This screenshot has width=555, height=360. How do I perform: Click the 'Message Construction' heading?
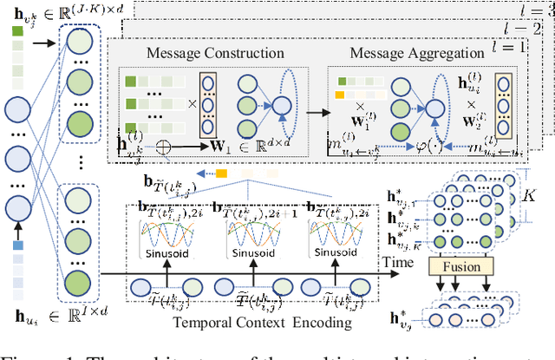[x=201, y=55]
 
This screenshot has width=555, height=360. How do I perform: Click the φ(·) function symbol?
[x=401, y=144]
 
